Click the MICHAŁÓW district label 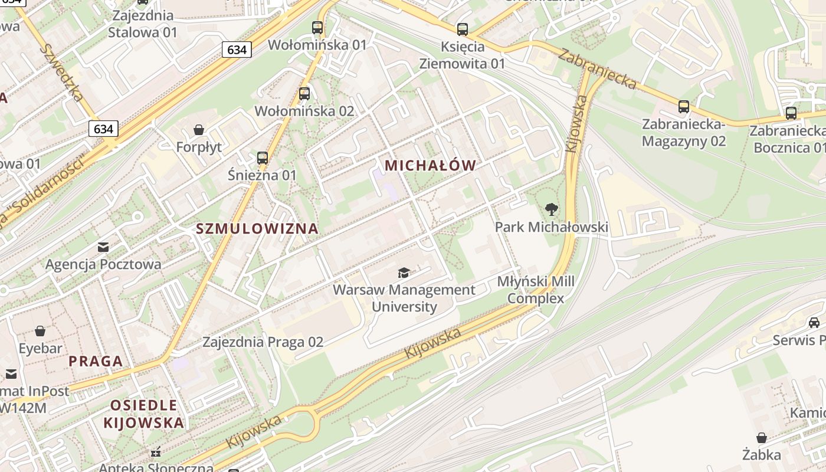[x=430, y=166]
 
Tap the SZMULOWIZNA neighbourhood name [x=257, y=229]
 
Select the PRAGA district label [x=96, y=361]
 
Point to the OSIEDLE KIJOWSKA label [x=143, y=414]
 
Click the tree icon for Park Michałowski [x=552, y=209]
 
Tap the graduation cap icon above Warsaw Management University [x=404, y=273]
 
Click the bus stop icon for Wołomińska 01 [x=317, y=27]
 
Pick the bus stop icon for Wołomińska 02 [x=304, y=93]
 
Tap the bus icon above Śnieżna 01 [x=263, y=158]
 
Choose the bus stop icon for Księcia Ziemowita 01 [x=463, y=29]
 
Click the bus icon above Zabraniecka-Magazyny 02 [x=684, y=107]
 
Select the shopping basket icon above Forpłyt [x=199, y=129]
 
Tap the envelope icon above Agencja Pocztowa [x=103, y=247]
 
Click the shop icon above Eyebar [x=40, y=331]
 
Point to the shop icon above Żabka [x=762, y=438]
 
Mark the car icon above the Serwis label [x=814, y=323]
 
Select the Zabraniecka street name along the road [x=597, y=70]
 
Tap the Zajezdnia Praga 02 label [x=263, y=342]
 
